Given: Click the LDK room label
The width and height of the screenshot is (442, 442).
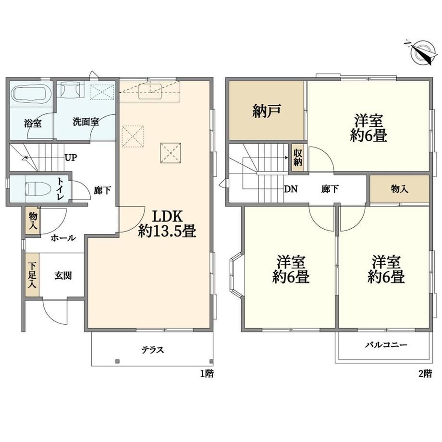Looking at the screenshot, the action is (168, 217).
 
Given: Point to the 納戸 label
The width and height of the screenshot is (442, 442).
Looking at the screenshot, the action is (266, 110).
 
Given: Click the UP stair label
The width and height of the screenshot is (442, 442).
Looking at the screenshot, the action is (71, 157).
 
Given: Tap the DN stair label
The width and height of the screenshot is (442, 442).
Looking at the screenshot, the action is (291, 189).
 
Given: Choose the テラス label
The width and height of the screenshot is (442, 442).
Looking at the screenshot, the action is (152, 350).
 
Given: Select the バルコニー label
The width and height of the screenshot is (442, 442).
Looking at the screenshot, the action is (386, 345).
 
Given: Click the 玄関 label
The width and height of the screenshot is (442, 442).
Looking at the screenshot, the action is (63, 275).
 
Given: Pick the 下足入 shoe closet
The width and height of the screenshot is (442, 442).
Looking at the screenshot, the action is (32, 275).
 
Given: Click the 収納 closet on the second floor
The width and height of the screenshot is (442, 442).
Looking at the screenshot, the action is (298, 158).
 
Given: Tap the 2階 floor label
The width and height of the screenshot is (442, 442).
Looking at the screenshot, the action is (425, 374).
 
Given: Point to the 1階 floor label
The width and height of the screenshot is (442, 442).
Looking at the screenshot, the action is (207, 374).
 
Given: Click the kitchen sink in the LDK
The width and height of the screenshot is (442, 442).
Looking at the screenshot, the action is (150, 91).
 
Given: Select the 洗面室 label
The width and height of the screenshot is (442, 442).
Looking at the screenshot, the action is (86, 122).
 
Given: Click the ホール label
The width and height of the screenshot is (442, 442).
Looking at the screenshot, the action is (63, 238).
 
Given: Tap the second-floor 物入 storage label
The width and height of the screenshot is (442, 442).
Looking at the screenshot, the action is (399, 189).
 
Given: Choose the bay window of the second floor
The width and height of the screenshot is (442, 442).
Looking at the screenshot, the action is (237, 274).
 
